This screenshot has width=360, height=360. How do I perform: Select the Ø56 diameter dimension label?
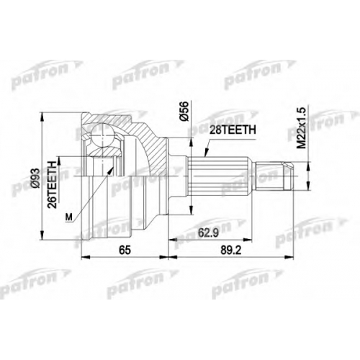(184, 111)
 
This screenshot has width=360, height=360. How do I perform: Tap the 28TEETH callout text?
(233, 130)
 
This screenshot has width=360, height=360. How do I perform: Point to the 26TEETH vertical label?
(52, 184)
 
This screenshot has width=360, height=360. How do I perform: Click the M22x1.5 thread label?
(301, 127)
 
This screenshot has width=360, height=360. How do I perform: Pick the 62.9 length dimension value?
(208, 233)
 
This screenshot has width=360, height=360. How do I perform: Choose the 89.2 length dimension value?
(230, 251)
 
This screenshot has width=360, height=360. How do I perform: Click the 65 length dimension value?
(125, 251)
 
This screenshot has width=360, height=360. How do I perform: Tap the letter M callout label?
(69, 217)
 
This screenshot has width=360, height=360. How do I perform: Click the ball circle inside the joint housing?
(103, 135)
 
